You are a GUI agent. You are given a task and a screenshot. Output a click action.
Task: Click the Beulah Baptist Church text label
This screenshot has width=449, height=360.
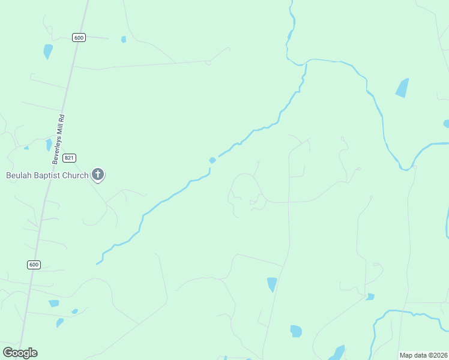pyautogui.click(x=47, y=176)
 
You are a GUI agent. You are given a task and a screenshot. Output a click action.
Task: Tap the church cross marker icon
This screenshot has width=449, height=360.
pyautogui.click(x=98, y=175)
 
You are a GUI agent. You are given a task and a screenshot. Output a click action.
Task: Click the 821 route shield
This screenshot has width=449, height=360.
pyautogui.click(x=70, y=158)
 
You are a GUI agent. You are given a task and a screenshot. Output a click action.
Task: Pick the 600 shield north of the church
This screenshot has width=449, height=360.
pyautogui.click(x=79, y=37)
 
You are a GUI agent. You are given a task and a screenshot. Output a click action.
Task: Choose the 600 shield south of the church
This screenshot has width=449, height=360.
pyautogui.click(x=34, y=265)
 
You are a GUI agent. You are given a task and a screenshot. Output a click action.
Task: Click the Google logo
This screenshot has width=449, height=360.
pyautogui.click(x=20, y=353)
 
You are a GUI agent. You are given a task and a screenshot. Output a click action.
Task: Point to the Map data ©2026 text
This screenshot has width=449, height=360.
pyautogui.click(x=423, y=355)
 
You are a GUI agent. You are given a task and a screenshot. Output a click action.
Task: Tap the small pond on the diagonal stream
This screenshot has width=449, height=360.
pyautogui.click(x=212, y=160)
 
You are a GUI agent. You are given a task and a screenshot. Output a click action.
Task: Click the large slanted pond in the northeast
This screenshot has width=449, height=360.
pyautogui.click(x=402, y=88)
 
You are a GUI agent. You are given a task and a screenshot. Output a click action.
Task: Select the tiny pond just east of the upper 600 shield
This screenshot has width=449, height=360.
pyautogui.click(x=124, y=40)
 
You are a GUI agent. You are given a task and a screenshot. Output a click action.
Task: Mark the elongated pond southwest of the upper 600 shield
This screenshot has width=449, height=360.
pyautogui.click(x=47, y=52)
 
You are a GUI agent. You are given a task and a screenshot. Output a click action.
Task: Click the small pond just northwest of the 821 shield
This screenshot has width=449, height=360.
pyautogui.click(x=49, y=145)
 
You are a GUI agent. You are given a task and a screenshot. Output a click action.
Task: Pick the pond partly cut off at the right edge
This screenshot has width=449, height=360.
pyautogui.click(x=446, y=124)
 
